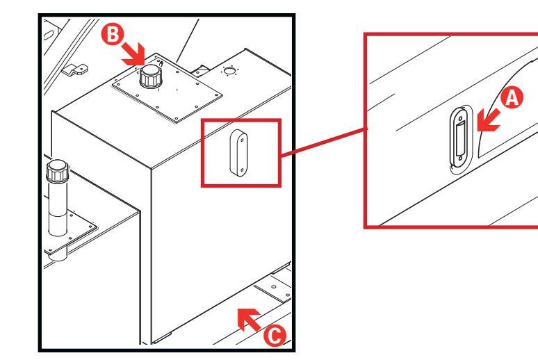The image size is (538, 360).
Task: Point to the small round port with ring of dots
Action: [x=229, y=71]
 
